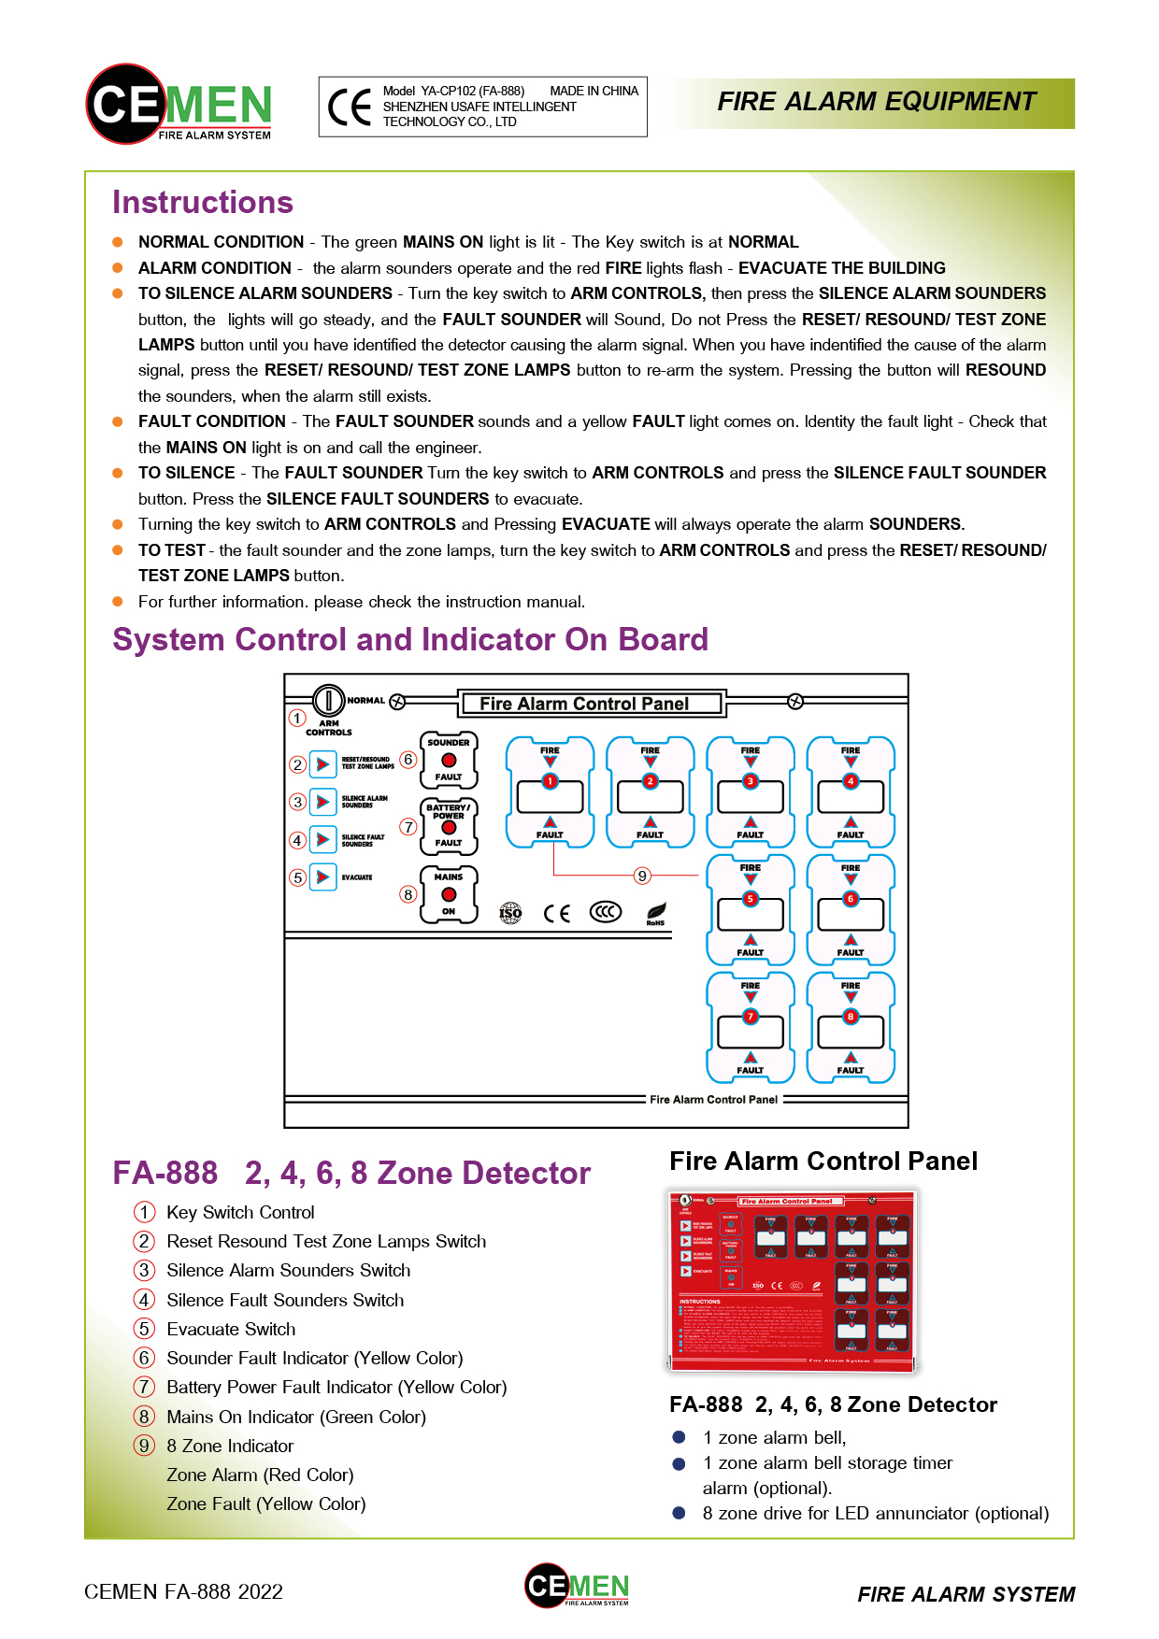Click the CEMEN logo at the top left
click(179, 104)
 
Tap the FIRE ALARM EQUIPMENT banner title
click(876, 102)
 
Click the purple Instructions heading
click(203, 203)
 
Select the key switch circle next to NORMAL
click(329, 700)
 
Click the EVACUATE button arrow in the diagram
click(322, 877)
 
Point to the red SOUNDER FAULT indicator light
click(449, 760)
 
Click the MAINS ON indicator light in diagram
click(449, 894)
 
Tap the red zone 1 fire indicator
click(550, 781)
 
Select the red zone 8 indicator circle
click(851, 1017)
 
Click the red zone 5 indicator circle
click(750, 899)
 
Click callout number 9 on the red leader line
click(642, 876)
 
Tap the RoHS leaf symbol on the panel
click(656, 911)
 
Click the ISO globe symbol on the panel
click(510, 913)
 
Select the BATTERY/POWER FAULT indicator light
click(449, 827)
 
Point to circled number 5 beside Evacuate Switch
click(144, 1329)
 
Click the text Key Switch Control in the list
click(240, 1212)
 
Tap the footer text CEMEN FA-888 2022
click(183, 1591)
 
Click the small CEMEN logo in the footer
click(577, 1586)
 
